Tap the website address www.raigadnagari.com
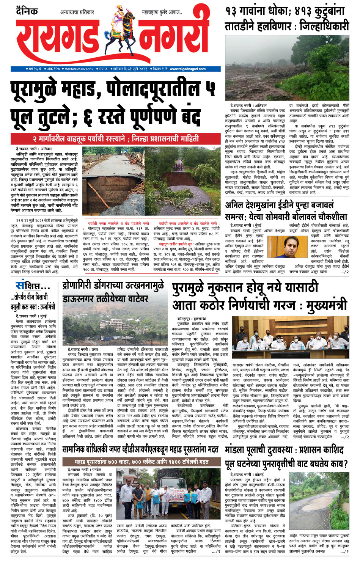tap(187, 69)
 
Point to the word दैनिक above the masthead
tap(28, 11)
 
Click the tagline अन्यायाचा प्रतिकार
tap(77, 13)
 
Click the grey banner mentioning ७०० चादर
tap(141, 462)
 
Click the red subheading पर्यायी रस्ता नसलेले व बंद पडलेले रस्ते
tap(118, 223)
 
